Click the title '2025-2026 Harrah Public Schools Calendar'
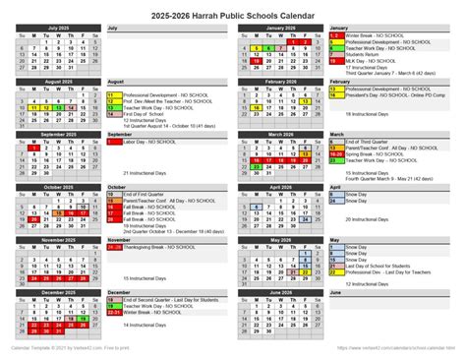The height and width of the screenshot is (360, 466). click(x=233, y=13)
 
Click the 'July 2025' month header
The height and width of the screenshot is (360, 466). click(x=60, y=28)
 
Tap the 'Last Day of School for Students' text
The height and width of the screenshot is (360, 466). click(x=382, y=266)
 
